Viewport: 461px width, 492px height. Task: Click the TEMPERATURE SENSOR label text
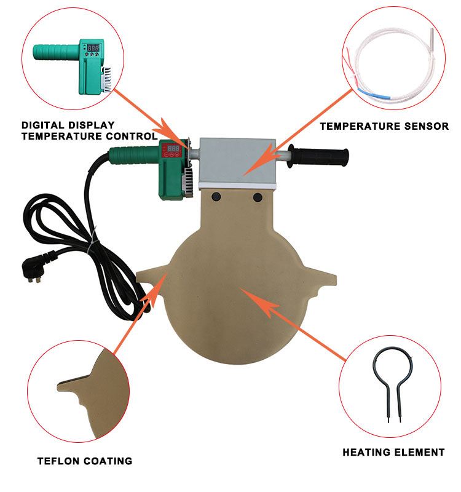click(x=384, y=127)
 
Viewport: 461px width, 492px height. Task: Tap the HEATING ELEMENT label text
click(x=393, y=452)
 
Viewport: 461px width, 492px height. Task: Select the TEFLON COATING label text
click(x=85, y=461)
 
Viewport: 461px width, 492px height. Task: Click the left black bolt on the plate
click(x=216, y=197)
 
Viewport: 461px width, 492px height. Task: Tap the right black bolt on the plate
click(x=257, y=197)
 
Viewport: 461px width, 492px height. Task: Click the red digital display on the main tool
click(x=174, y=148)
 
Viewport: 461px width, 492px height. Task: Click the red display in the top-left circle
click(x=93, y=47)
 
